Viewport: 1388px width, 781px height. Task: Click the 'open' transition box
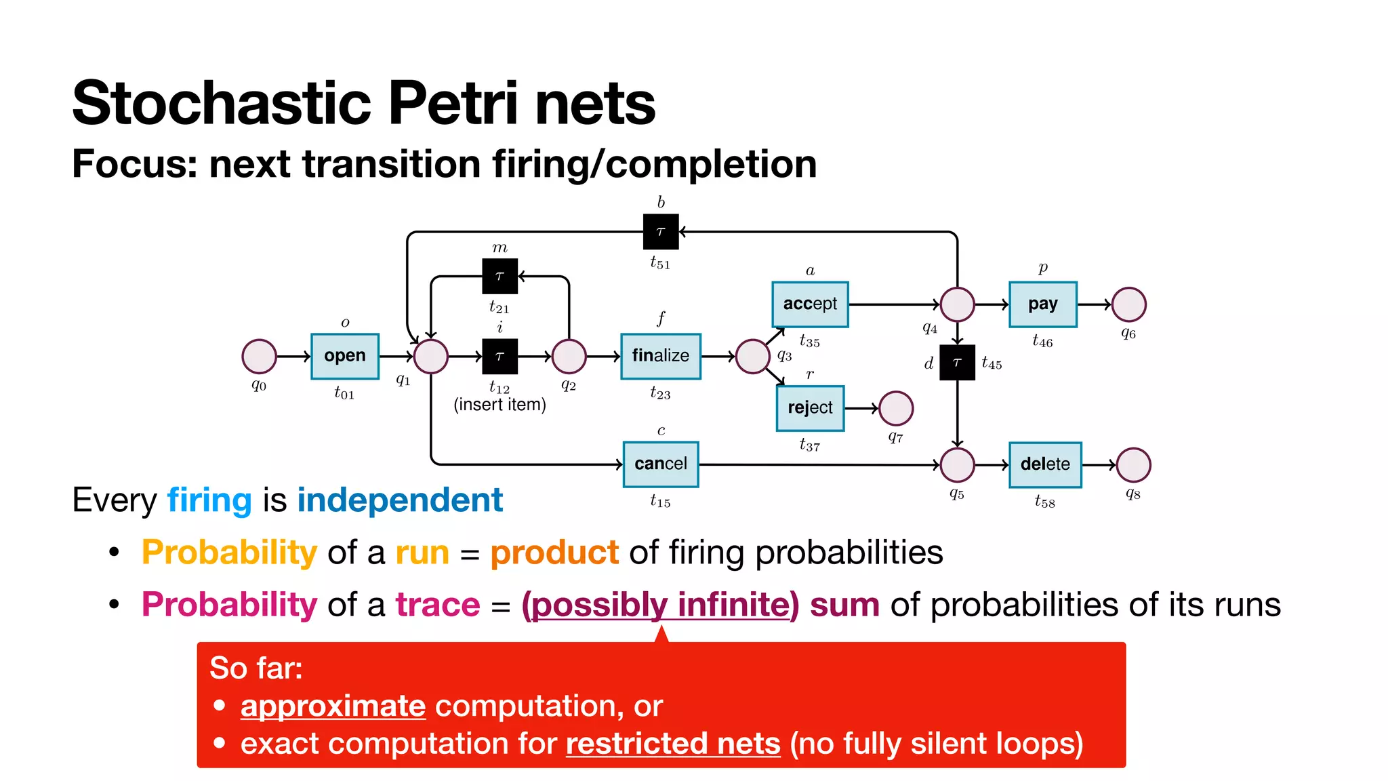(x=344, y=356)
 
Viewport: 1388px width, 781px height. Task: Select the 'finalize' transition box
(x=660, y=356)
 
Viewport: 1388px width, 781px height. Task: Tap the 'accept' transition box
(x=810, y=304)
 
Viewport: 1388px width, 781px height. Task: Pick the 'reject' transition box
(x=810, y=408)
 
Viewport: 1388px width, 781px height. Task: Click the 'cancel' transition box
(x=660, y=464)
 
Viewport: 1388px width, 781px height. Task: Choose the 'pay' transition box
(x=1042, y=304)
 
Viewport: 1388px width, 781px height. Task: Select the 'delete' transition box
(x=1044, y=464)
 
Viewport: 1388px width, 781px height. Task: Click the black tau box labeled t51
(x=660, y=232)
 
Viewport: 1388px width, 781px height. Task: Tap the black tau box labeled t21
(x=499, y=276)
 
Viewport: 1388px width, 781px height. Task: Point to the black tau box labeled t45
(x=957, y=363)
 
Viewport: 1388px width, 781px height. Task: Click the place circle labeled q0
(x=259, y=357)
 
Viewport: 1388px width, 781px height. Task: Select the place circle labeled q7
(x=896, y=408)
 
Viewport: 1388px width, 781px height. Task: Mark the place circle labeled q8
(x=1133, y=465)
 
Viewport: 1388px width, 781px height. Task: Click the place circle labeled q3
(x=752, y=357)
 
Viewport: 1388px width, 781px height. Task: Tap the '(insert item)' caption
(x=499, y=405)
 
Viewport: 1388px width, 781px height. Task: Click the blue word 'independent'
(x=400, y=500)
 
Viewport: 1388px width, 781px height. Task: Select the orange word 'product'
(x=554, y=553)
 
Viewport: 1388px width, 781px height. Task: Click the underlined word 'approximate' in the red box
(x=333, y=706)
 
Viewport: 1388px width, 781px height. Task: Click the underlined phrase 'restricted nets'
(x=673, y=744)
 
